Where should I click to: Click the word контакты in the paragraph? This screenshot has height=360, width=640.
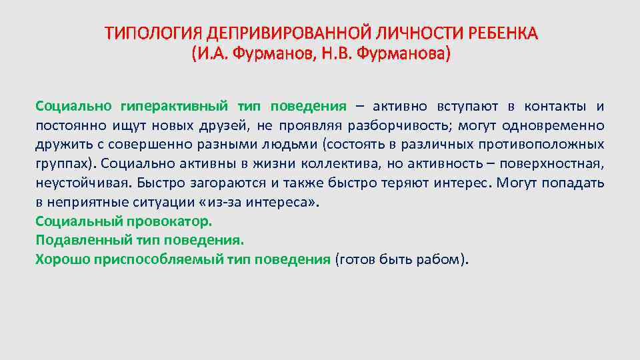pyautogui.click(x=555, y=106)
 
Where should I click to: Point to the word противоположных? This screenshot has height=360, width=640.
pyautogui.click(x=545, y=145)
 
